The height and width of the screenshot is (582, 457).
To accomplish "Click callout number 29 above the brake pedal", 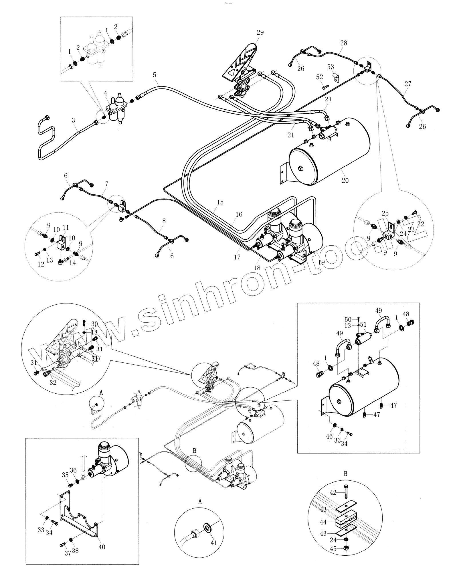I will coord(260,32).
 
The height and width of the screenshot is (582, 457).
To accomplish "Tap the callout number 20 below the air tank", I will coord(345,180).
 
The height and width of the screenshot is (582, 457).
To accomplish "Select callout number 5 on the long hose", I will coord(155,75).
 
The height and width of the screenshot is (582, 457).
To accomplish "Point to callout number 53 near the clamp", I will coord(331,67).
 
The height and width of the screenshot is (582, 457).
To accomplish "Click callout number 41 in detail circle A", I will coord(214,543).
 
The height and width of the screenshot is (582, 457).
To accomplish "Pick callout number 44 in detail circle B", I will coord(323,522).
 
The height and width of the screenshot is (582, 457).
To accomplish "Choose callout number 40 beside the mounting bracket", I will coord(102,547).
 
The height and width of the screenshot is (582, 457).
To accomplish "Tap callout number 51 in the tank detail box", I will coord(363,325).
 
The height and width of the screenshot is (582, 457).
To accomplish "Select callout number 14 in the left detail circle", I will coord(72,263).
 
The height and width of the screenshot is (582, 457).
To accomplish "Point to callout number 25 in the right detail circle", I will coord(385,213).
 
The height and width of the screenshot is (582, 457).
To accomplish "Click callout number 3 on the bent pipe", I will coord(74,120).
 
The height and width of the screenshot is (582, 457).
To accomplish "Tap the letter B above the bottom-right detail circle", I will coord(345,474).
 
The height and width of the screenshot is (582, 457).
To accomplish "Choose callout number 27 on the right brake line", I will coord(408,84).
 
